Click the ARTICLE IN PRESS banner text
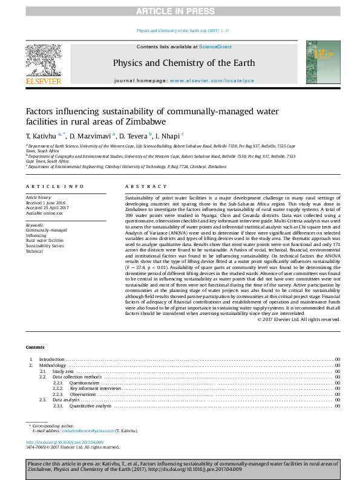(x=180, y=11)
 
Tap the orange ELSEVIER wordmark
(x=43, y=80)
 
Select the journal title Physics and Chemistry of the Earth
(x=183, y=63)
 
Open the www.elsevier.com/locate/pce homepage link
(x=212, y=80)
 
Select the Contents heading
(x=35, y=347)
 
